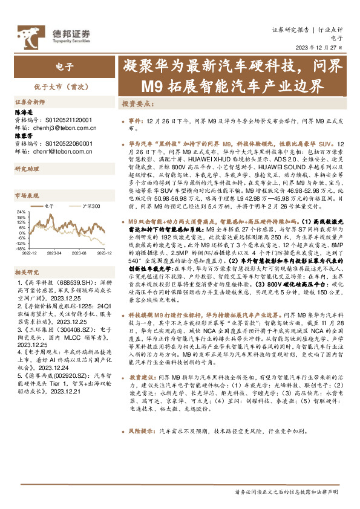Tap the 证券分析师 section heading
click(30, 102)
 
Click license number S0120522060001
click(68, 144)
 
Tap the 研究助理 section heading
click(27, 168)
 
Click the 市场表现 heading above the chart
click(27, 195)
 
